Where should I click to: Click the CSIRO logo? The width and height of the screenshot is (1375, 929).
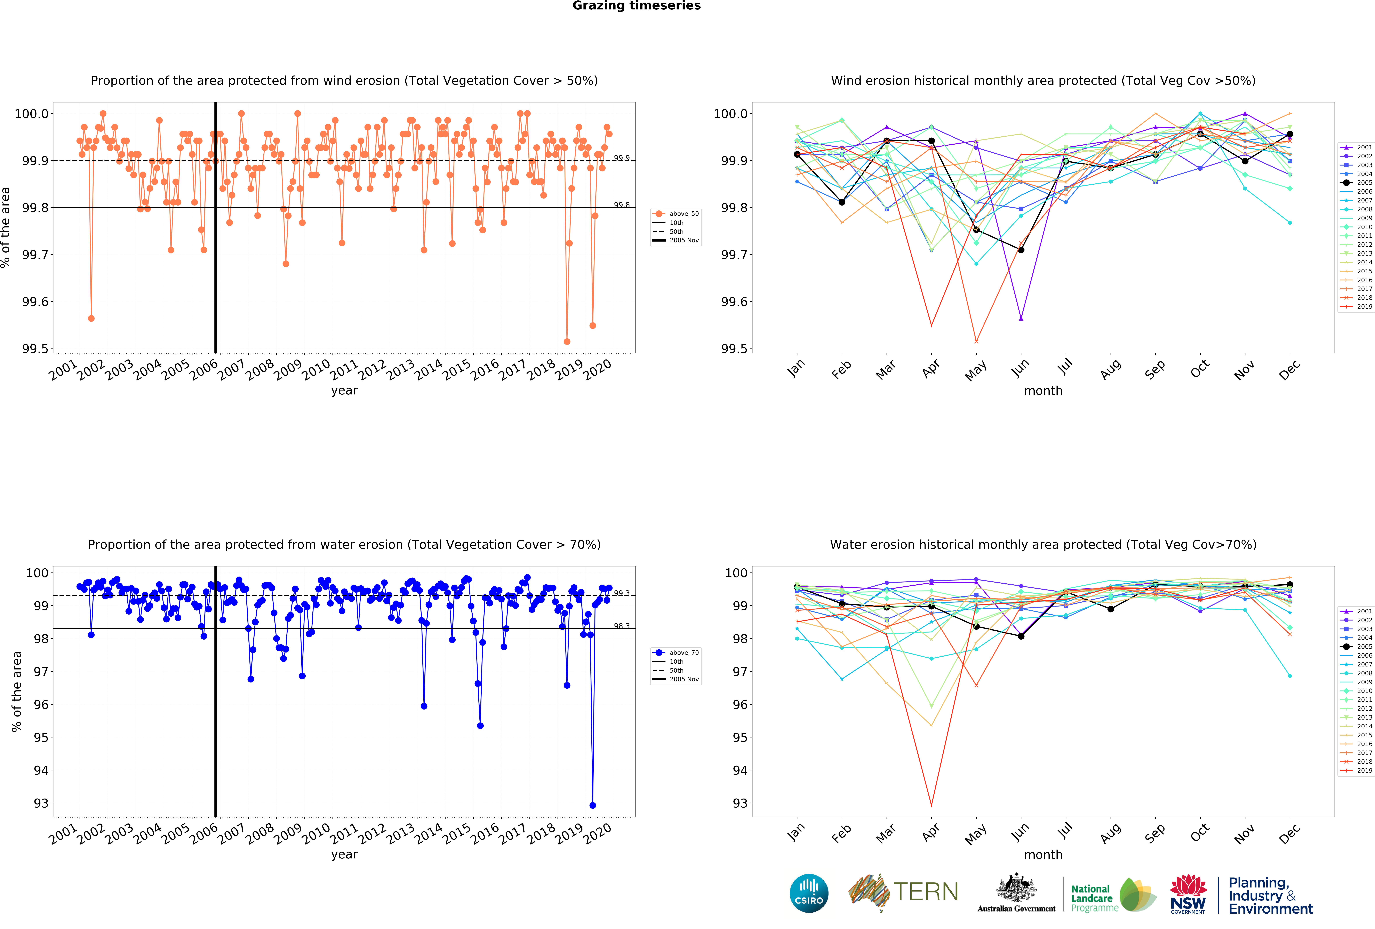click(809, 893)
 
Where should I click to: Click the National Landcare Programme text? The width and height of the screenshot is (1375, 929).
click(1094, 898)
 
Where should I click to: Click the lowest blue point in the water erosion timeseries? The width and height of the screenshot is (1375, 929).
click(592, 805)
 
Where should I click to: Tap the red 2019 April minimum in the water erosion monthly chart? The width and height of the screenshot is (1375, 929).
click(931, 805)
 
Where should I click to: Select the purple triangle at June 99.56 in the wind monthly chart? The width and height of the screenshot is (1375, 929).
click(1021, 318)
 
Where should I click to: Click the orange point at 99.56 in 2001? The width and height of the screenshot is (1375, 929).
click(91, 318)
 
